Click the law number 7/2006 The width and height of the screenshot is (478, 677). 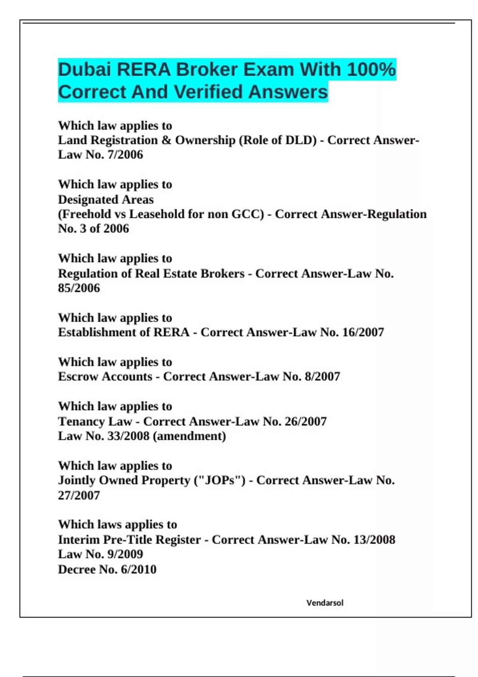pos(125,155)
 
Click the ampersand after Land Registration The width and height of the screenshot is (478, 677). pos(166,140)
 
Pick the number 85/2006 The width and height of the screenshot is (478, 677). pos(79,288)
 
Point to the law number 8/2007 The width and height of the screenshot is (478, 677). pos(322,377)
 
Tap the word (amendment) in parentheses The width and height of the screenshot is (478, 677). pos(189,436)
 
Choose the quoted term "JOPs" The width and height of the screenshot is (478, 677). pos(219,480)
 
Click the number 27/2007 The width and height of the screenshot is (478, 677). pos(79,495)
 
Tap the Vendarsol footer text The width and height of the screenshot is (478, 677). pos(325,603)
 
